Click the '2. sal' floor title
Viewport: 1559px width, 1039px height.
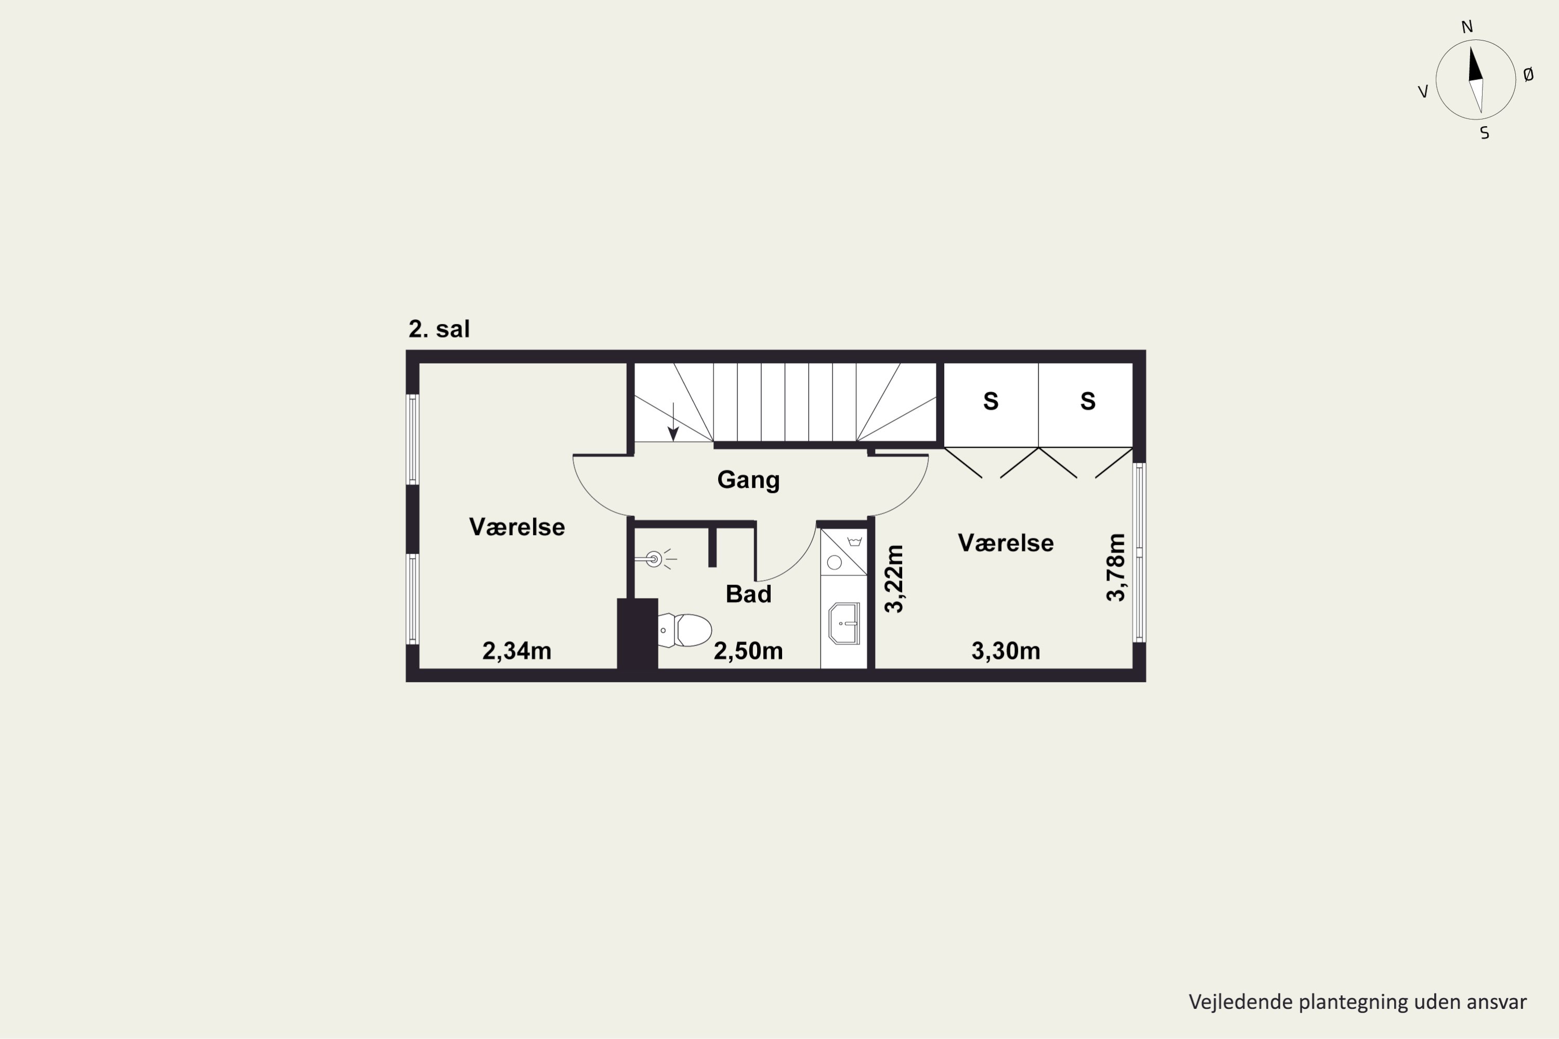[439, 329]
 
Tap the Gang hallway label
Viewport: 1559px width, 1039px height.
[748, 479]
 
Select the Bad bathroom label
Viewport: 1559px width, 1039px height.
[748, 594]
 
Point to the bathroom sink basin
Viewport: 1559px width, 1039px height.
[844, 623]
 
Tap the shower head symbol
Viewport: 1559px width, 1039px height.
[655, 560]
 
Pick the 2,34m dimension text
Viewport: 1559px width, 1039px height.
[517, 651]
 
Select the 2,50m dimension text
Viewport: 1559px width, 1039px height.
[748, 651]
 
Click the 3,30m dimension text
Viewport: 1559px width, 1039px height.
[1006, 651]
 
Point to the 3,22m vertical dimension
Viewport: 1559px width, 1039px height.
[894, 579]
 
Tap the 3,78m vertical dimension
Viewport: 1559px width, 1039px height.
[1116, 568]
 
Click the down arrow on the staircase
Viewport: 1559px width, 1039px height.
[673, 421]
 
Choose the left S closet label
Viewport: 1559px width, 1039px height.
[991, 401]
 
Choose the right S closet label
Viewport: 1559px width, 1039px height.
[1088, 401]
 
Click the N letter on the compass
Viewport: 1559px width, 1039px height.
[1467, 26]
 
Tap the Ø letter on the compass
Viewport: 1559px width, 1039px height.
[1528, 75]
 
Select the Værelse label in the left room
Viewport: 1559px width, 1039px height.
[517, 527]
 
